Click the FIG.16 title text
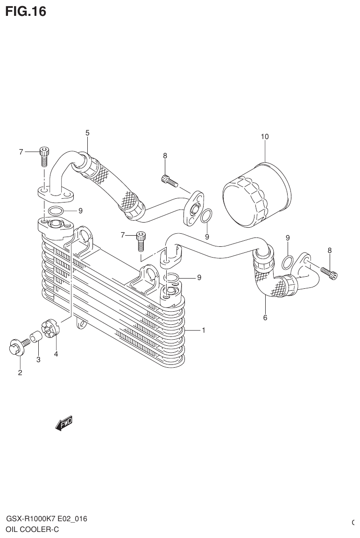click(26, 11)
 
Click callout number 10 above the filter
click(265, 137)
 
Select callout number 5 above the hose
click(87, 133)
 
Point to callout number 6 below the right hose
click(265, 318)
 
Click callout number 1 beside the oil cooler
click(204, 330)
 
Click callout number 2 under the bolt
click(20, 372)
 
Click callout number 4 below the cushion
click(56, 354)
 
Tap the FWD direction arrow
click(64, 423)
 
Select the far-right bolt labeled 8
click(329, 272)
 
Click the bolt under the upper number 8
click(169, 180)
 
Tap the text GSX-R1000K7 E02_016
click(46, 519)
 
